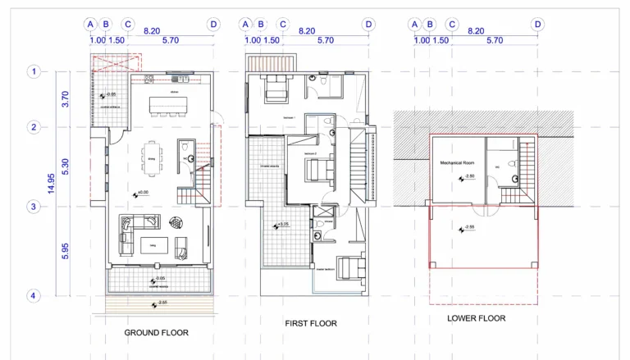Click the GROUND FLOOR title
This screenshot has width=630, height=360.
click(x=156, y=333)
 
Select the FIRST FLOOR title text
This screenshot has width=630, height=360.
click(x=311, y=324)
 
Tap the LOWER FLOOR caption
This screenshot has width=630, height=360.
click(x=476, y=318)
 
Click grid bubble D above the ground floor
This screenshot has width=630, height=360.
click(x=213, y=25)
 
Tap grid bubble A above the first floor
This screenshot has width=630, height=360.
click(x=244, y=25)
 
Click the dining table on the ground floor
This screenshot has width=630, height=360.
click(x=151, y=157)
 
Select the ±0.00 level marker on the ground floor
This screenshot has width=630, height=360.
click(x=140, y=193)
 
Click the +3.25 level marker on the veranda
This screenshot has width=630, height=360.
click(x=281, y=225)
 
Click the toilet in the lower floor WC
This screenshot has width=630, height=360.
click(x=514, y=177)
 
